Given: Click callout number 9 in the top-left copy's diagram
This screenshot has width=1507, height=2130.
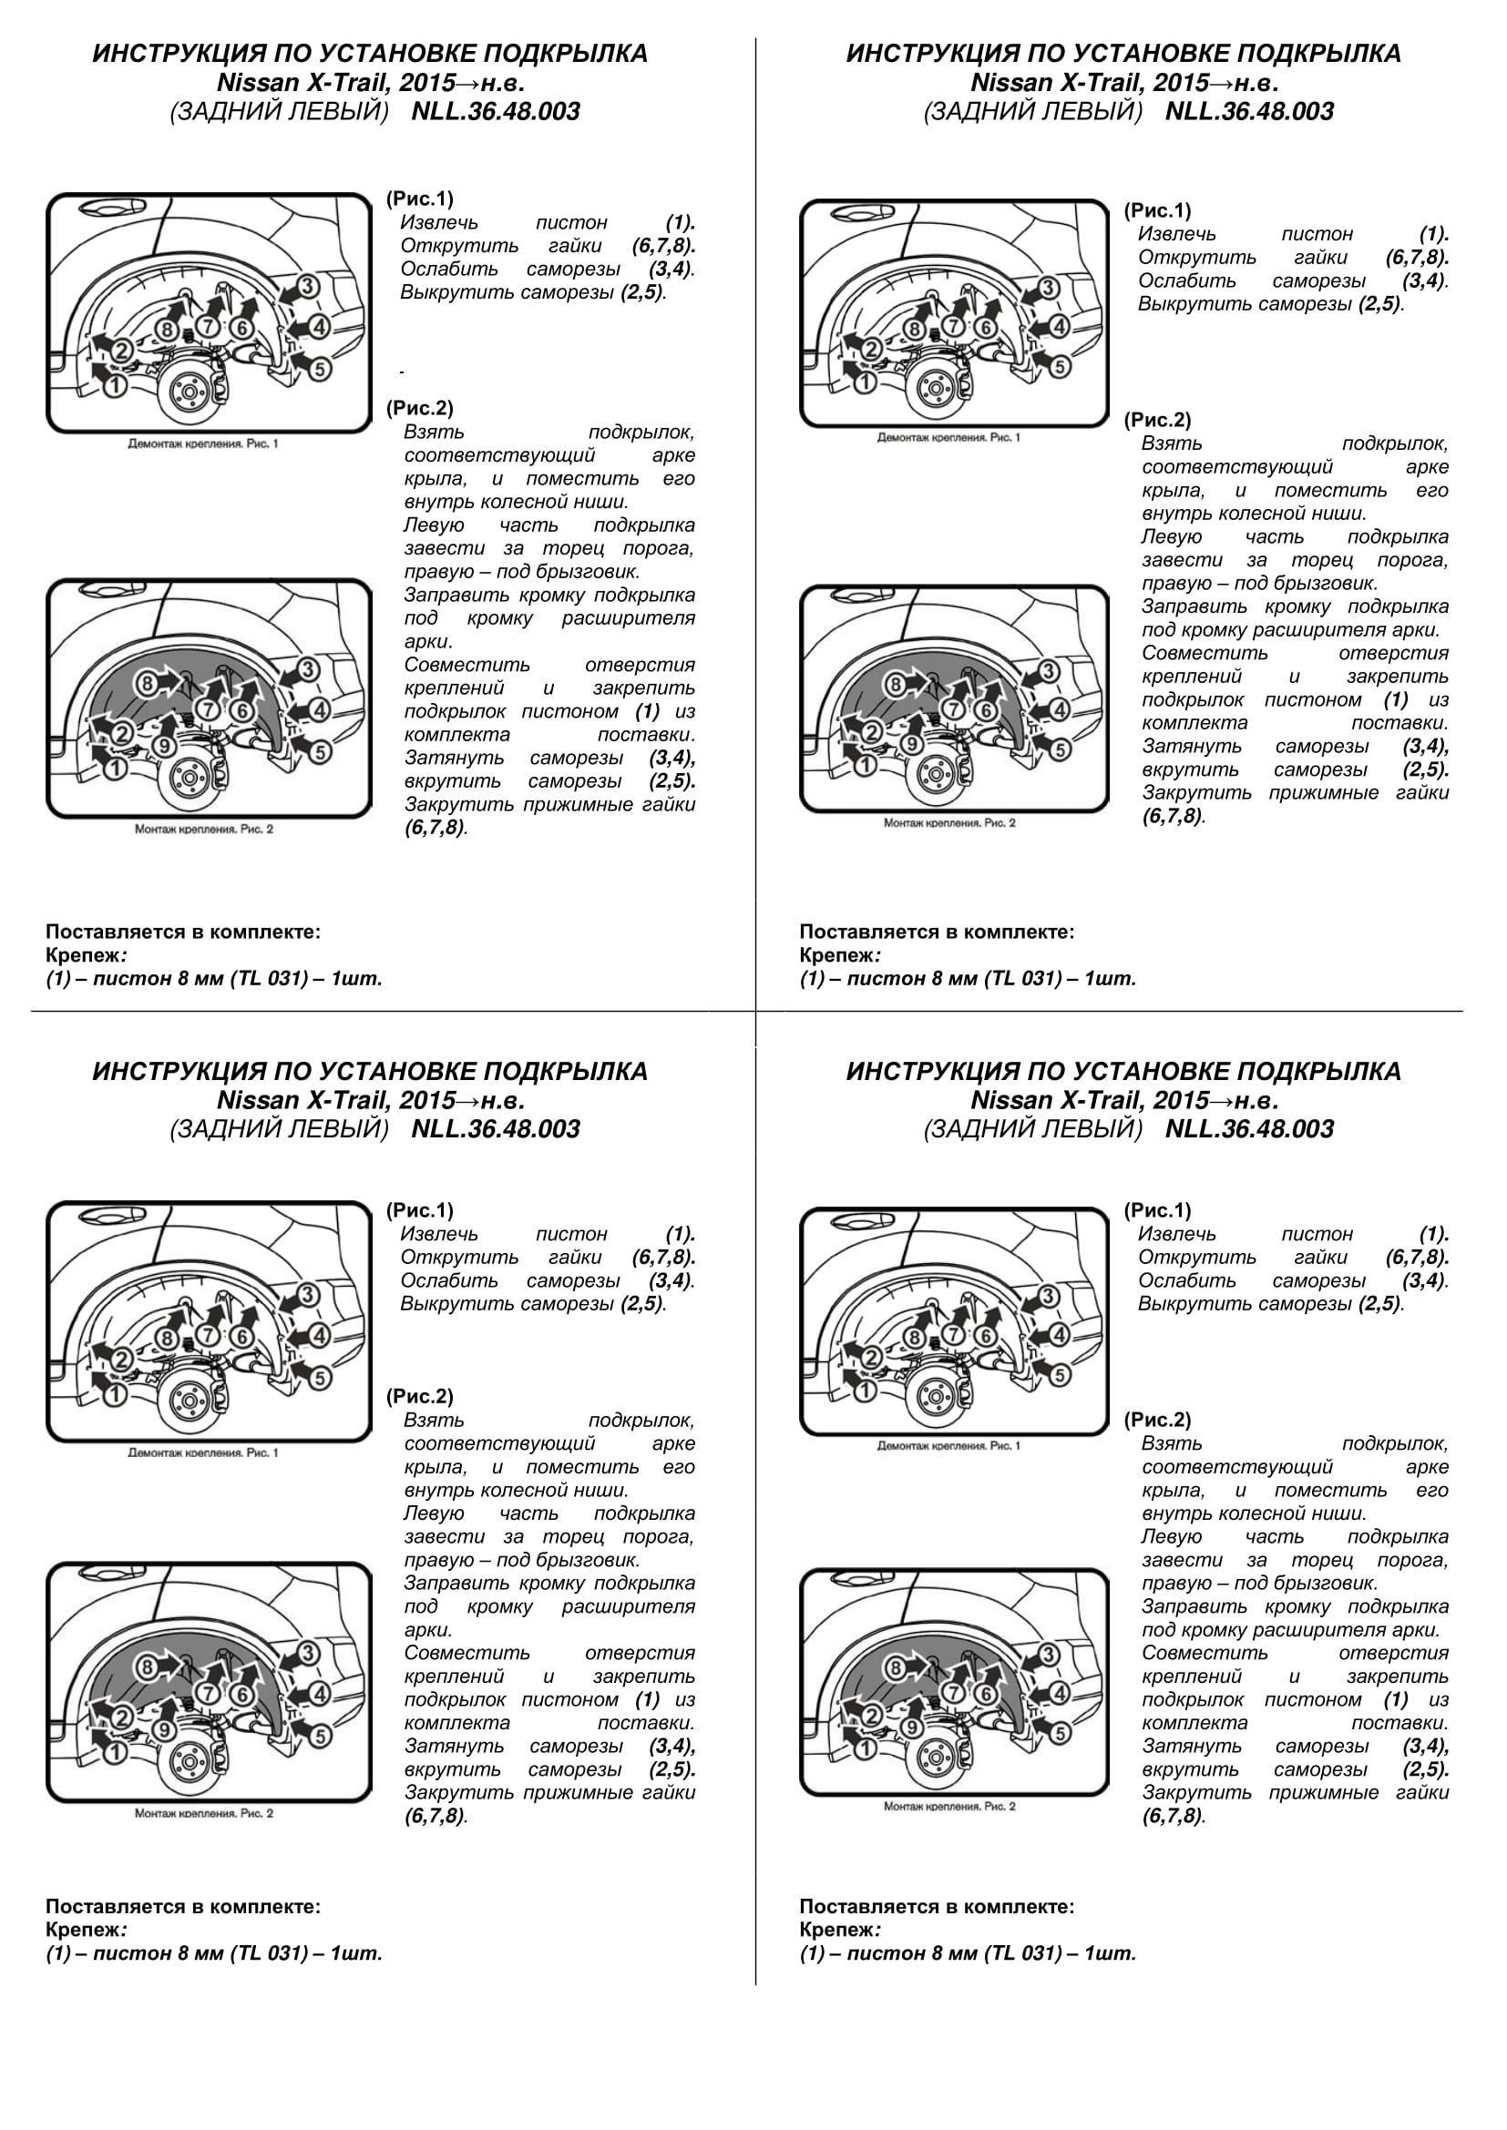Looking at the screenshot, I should tap(163, 745).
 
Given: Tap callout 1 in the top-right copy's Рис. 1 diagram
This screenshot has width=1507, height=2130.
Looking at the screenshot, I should tap(865, 382).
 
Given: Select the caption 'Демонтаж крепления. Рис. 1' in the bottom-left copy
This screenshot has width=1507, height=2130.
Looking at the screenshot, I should tap(203, 1452).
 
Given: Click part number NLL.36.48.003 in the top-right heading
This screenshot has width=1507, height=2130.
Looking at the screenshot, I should tap(1249, 111).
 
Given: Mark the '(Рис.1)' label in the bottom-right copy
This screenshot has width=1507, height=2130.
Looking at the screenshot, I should tap(1157, 1209).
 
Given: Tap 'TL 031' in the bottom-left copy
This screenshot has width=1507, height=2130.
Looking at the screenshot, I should tap(268, 1952).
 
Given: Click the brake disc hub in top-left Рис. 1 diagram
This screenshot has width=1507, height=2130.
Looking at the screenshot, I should tap(189, 393).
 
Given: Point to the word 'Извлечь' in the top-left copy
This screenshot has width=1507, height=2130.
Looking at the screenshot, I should tap(439, 222).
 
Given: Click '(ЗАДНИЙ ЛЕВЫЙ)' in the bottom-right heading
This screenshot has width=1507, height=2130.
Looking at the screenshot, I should tap(1033, 1129).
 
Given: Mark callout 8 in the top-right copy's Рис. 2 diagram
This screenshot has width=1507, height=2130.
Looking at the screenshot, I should tap(896, 685).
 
